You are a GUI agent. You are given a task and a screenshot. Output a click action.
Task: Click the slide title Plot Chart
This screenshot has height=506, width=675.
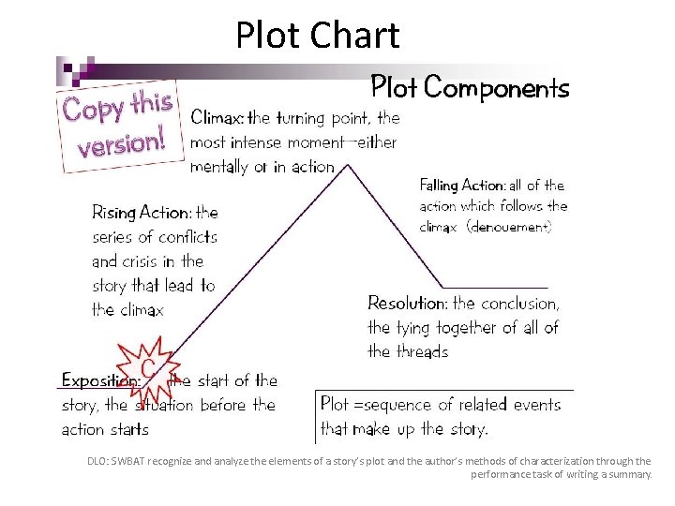[x=317, y=36]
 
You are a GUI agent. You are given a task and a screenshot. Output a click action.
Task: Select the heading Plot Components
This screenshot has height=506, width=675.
[x=470, y=88]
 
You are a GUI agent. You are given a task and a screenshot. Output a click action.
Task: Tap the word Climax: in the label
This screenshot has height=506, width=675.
[x=217, y=118]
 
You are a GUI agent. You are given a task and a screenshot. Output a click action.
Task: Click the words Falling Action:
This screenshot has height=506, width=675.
[x=462, y=186]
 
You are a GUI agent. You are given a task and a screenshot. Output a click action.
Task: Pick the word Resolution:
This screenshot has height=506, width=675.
[x=407, y=304]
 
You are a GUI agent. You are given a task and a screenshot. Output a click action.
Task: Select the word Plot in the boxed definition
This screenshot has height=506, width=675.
[x=335, y=405]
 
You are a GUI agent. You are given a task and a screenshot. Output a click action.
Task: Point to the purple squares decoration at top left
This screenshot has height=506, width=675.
[x=74, y=68]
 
